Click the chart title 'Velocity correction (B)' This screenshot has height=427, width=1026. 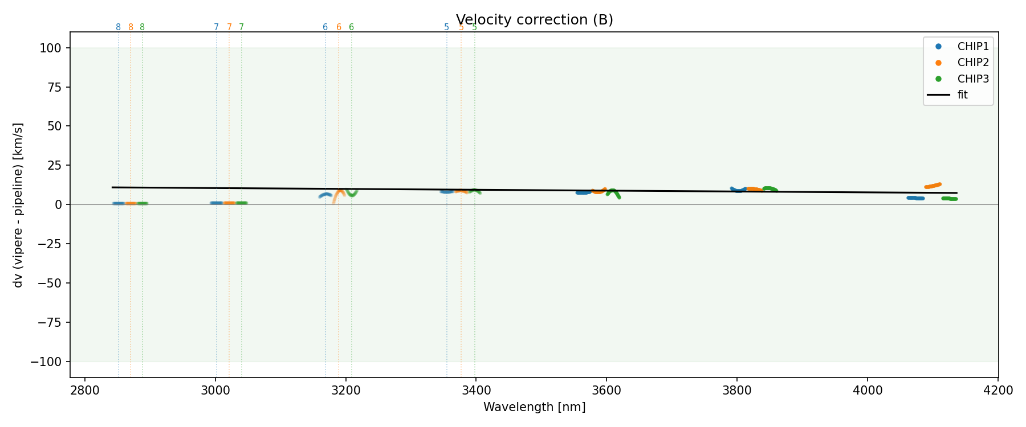[534, 20]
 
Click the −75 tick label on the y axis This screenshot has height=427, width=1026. [49, 322]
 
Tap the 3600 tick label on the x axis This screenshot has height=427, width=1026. [606, 391]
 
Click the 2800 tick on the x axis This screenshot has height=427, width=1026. [85, 391]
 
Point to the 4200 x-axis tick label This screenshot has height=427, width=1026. [997, 391]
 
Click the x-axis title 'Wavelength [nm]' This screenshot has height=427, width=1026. [534, 407]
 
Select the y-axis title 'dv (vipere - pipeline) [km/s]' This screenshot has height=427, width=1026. [18, 205]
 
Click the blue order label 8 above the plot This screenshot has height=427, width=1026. [119, 27]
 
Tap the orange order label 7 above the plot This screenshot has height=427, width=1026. [229, 27]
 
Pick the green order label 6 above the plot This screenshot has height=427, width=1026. [351, 27]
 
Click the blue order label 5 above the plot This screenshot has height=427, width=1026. [446, 27]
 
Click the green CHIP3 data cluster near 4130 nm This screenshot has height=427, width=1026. [949, 199]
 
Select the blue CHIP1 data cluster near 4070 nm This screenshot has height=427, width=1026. [915, 198]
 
